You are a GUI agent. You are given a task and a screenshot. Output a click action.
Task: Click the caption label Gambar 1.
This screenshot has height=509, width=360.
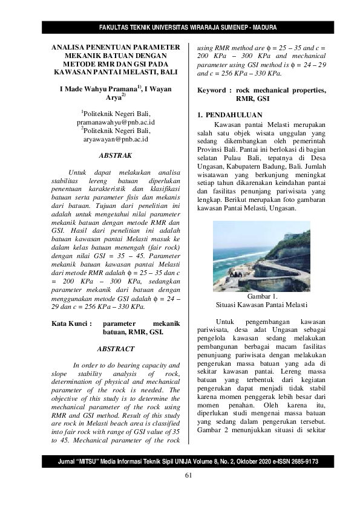click(x=262, y=296)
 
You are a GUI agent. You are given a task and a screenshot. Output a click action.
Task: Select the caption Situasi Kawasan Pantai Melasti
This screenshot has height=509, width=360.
click(x=262, y=305)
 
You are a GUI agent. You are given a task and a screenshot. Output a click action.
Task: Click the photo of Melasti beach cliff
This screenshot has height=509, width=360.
click(x=262, y=256)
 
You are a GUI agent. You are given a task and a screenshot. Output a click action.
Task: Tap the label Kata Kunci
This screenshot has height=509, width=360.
click(x=71, y=323)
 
